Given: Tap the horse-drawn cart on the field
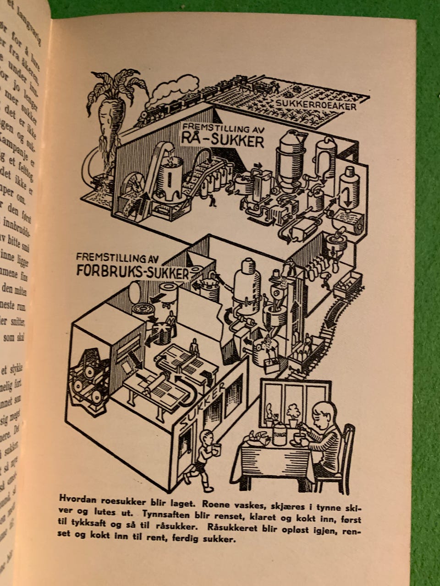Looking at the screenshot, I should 270,86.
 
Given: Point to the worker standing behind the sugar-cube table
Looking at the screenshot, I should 194,346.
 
